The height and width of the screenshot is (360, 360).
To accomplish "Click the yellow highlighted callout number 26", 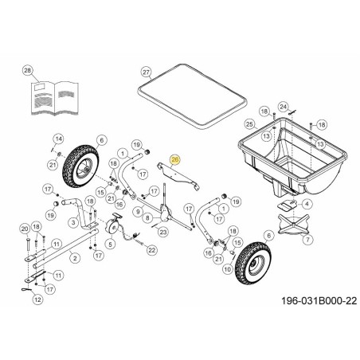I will coord(176,160).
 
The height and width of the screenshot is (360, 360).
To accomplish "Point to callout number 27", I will coord(146,72).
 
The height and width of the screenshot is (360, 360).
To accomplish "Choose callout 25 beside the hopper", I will coord(249,124).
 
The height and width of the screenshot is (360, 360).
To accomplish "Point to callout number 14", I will coord(58,139).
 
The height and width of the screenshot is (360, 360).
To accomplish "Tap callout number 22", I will coord(152,250).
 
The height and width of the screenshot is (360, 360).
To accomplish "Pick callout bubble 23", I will coord(162,232).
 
